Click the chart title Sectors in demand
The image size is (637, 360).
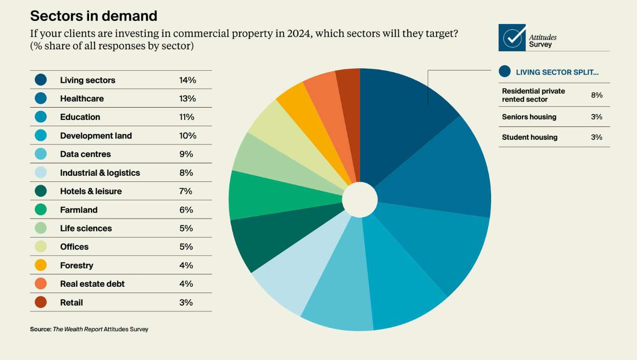(x=94, y=16)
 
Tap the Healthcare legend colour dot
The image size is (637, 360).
(x=41, y=99)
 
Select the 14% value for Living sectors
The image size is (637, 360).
(x=188, y=80)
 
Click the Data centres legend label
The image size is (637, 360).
(x=86, y=154)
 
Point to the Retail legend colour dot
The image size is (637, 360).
(x=41, y=302)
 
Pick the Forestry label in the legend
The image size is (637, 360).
(x=77, y=265)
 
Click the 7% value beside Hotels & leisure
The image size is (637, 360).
(x=186, y=191)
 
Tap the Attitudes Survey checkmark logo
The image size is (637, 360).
(x=512, y=38)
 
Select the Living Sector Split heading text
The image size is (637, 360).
(x=557, y=72)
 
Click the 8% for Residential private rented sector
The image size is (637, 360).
(x=597, y=95)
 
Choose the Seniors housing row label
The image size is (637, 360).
(x=529, y=117)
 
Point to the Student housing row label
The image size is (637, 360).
(x=530, y=137)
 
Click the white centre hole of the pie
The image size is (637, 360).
(x=360, y=200)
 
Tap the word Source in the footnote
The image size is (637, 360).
(x=40, y=329)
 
